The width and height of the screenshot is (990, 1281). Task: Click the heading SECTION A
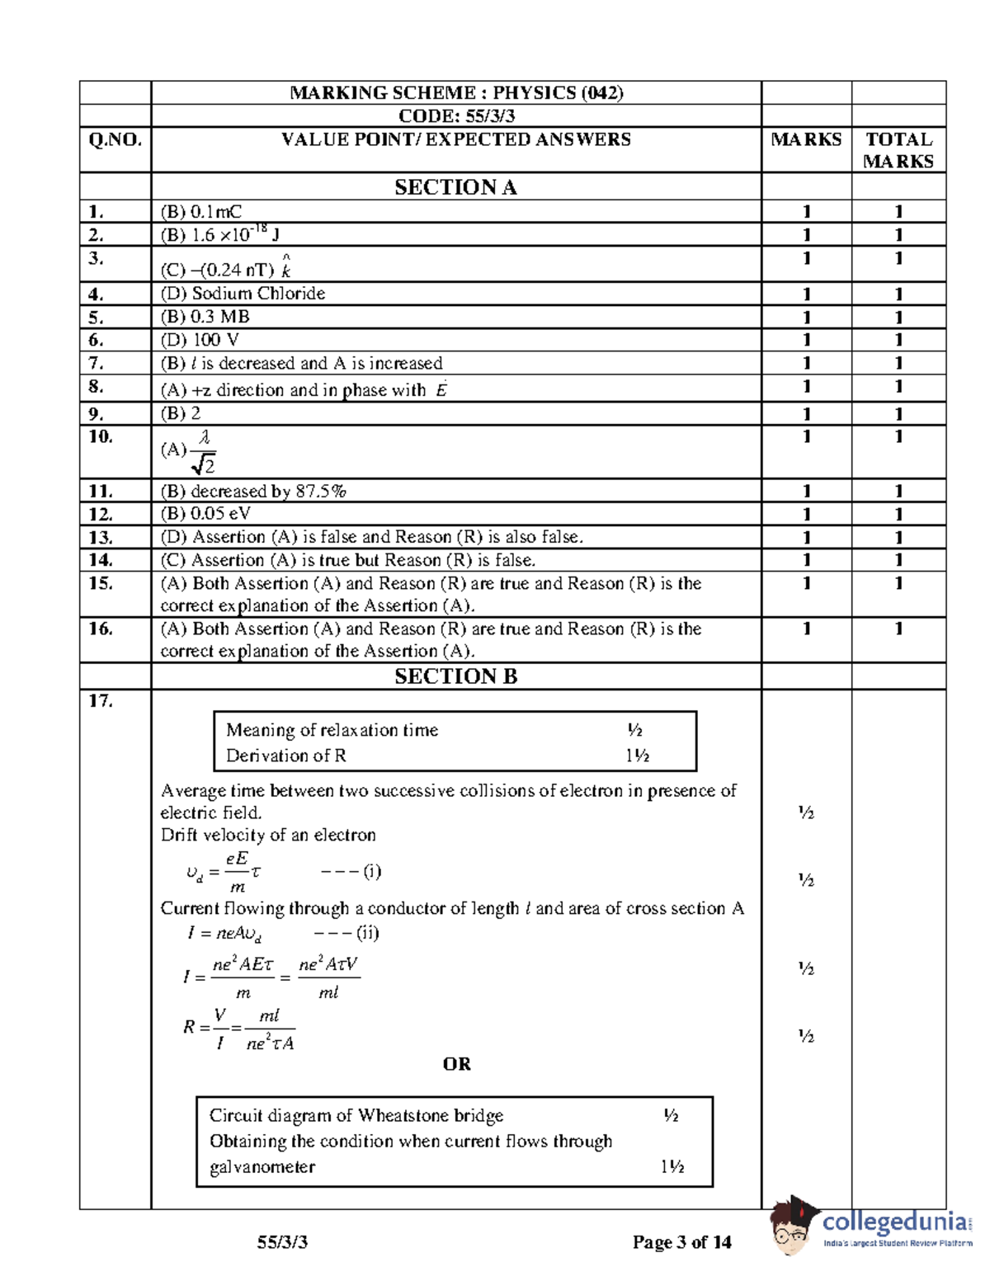coord(455,187)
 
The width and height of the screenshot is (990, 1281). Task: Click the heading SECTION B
coord(455,676)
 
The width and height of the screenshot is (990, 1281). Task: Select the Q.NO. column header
coord(115,139)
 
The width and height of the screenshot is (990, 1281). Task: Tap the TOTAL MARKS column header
coord(898,150)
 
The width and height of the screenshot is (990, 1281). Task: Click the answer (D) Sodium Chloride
coord(243,294)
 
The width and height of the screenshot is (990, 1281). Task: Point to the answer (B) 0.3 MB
coord(205,317)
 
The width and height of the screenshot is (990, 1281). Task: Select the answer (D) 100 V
coord(200,340)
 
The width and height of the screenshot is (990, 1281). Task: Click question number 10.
coord(101,437)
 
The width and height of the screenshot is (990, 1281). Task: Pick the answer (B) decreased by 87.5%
coord(253,492)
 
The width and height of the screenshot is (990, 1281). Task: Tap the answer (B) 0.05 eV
coord(205,514)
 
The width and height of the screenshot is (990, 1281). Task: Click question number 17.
coord(101,701)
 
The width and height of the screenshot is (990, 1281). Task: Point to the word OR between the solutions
coord(456,1064)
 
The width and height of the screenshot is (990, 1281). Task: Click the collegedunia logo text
coord(895,1221)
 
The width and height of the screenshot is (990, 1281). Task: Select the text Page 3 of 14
coord(681,1242)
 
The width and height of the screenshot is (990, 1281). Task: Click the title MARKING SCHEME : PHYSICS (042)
coord(455,92)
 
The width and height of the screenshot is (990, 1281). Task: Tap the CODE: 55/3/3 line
coord(455,115)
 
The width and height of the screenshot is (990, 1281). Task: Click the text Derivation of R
coord(286,756)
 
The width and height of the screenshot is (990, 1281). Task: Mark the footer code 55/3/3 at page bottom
coord(282,1242)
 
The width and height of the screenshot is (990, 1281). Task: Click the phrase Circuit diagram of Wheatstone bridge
coord(356,1116)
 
